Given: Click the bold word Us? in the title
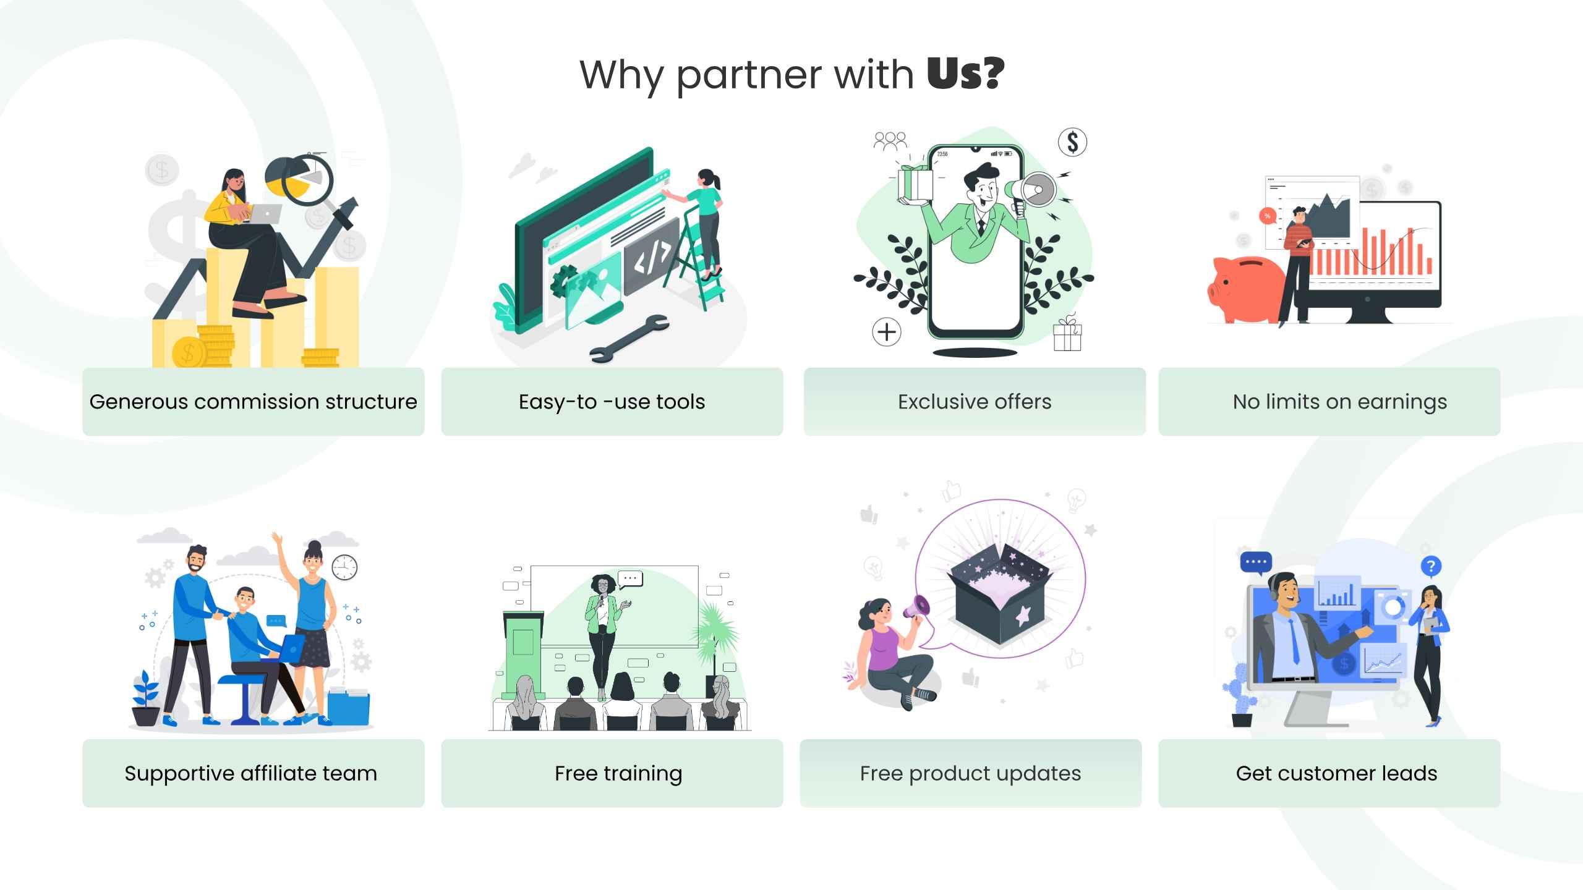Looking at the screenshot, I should point(965,74).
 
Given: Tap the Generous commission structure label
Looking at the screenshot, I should point(253,402).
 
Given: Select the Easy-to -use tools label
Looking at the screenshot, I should point(612,402).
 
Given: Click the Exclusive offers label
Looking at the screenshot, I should point(975,402).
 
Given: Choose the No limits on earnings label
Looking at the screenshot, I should point(1339,402).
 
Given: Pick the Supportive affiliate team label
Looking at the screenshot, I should point(250,773).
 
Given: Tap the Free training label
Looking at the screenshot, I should point(618,773).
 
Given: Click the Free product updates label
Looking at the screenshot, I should point(970,773).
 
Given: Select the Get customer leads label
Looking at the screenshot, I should point(1336,773).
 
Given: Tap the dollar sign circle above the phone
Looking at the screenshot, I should point(1072,142).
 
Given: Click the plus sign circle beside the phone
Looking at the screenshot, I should point(887,332).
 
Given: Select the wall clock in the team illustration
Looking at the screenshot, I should point(344,567).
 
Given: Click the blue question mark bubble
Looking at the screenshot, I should point(1431,566).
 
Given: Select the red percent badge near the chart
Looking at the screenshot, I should point(1268,216).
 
